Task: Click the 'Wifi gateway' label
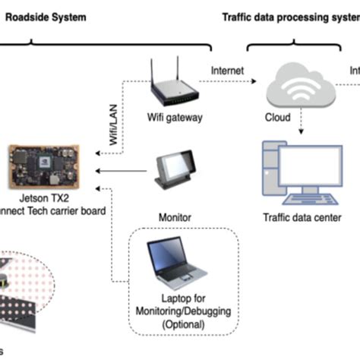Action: pyautogui.click(x=174, y=118)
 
